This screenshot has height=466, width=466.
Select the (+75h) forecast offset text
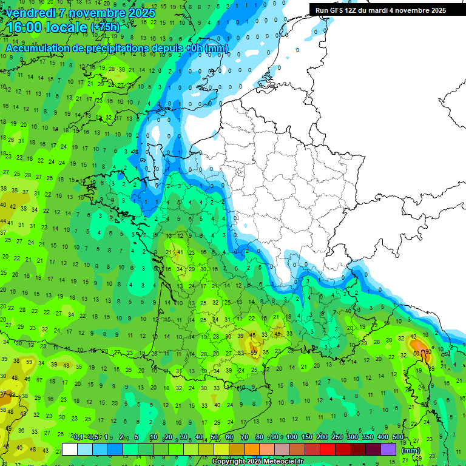(x=105, y=27)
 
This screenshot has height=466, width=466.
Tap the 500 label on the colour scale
(x=398, y=437)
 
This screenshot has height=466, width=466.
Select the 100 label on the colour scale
(x=292, y=437)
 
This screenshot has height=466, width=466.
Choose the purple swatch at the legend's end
(x=389, y=449)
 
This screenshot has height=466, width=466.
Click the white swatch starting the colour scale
(x=70, y=449)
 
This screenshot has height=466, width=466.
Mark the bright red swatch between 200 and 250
(x=328, y=449)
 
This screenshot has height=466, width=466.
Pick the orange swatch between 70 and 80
(x=252, y=449)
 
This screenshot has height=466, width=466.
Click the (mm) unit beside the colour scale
(x=411, y=450)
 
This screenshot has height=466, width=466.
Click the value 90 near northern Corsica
(x=428, y=351)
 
